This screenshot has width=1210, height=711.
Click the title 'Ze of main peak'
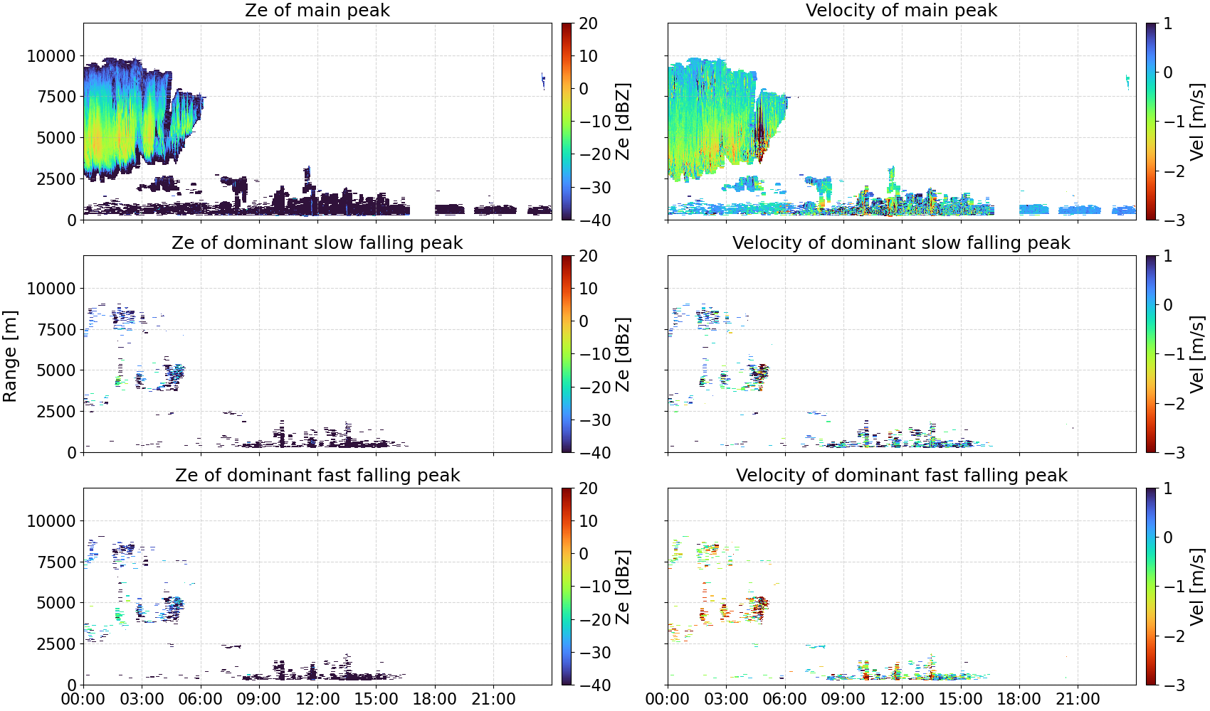pos(317,10)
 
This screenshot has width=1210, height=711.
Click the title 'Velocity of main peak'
pos(902,10)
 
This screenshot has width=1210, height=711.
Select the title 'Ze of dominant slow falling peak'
pos(317,242)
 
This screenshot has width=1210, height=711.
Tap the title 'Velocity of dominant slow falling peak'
pos(902,242)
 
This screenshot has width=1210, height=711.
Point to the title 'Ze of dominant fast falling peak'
pos(317,475)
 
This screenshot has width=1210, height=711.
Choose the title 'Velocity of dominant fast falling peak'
pos(902,475)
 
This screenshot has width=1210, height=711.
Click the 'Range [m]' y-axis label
pos(10,356)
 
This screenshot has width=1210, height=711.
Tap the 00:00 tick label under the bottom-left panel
pos(83,699)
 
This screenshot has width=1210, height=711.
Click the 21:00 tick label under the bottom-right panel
pos(1078,699)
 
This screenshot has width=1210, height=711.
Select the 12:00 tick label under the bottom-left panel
pos(317,699)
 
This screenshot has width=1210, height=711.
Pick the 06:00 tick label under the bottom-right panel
pos(785,699)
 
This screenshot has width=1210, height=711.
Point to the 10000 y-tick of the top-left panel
pos(51,56)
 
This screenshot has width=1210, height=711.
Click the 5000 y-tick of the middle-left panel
pos(56,370)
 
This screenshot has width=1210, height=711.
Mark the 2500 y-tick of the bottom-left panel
pos(56,644)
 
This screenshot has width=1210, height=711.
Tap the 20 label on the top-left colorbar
pos(588,23)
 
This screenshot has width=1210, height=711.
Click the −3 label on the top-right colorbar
pos(1167,220)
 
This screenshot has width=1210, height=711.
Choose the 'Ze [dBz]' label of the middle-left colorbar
pos(622,354)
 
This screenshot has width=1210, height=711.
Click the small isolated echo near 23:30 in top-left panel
pos(543,81)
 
